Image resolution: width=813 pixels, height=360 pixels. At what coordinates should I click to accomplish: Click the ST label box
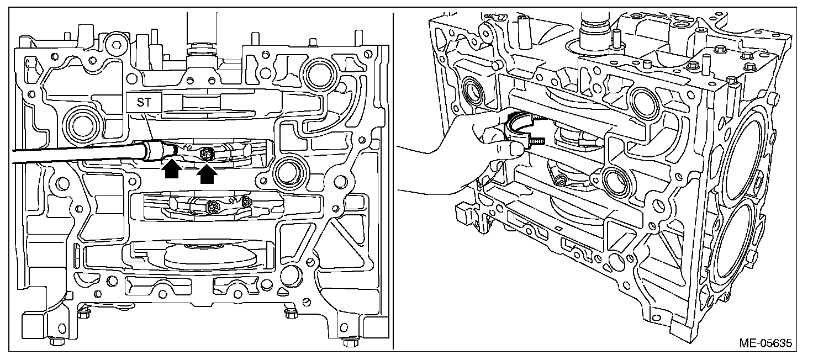click(x=143, y=102)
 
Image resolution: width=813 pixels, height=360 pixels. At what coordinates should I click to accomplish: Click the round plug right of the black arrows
click(x=287, y=171)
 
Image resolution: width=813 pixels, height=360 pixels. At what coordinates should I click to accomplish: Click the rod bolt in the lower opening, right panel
click(x=561, y=180)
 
